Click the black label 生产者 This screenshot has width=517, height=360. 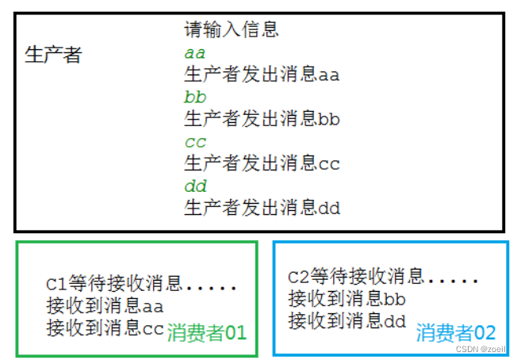coord(53,56)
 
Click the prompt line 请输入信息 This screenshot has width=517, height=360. coord(232,31)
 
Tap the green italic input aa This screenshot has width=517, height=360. coord(195,54)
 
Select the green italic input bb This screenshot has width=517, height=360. coord(195,98)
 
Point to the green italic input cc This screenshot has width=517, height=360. coord(195,143)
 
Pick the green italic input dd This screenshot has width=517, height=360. coord(195,187)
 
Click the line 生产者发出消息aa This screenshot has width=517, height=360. coord(262,75)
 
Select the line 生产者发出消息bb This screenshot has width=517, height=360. coord(262,120)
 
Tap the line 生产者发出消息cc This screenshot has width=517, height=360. coord(262,164)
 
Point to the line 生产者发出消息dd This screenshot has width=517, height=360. coord(262,209)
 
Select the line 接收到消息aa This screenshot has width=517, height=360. coord(105,306)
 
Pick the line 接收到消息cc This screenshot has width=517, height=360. coord(105,327)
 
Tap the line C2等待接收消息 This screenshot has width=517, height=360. coord(356,278)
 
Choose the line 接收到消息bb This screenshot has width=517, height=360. coord(347,299)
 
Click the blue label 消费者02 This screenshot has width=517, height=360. coord(457,333)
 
